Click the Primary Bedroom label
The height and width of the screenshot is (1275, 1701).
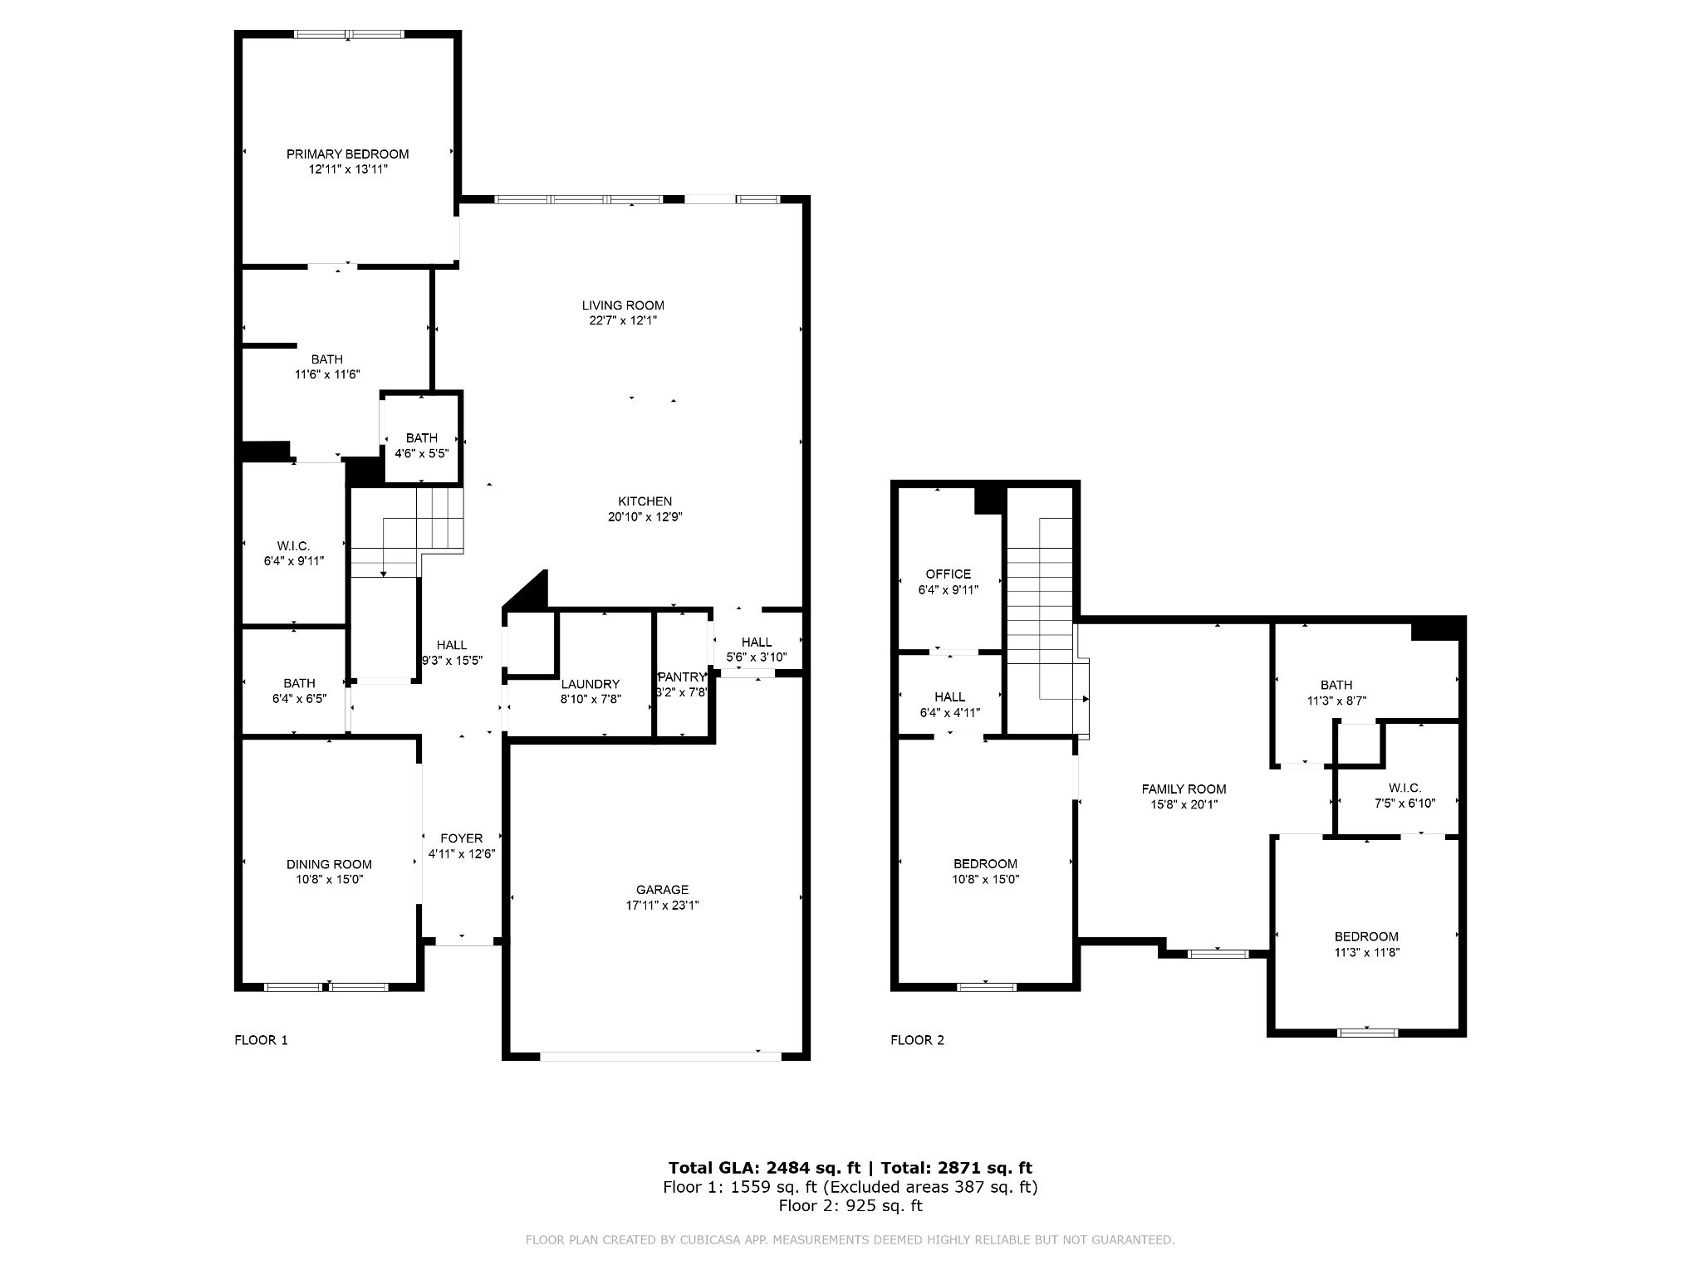point(347,154)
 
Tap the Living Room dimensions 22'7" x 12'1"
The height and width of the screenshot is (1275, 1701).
point(623,320)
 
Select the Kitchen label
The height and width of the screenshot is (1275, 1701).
point(645,501)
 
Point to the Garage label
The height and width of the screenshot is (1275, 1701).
point(662,890)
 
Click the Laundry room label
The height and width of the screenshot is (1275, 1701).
point(590,684)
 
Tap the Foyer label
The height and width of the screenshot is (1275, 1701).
point(461,838)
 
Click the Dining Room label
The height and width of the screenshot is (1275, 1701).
point(329,864)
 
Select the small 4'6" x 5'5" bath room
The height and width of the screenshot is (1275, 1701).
point(421,446)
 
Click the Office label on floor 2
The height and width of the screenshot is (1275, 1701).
point(948,574)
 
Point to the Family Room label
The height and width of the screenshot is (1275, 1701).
point(1184,789)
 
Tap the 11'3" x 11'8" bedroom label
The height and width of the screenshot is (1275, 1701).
point(1366,952)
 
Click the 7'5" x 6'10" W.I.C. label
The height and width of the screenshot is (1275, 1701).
point(1404,803)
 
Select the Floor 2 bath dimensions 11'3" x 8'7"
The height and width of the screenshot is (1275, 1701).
point(1336,701)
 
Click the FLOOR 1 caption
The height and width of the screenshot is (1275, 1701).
point(261,1040)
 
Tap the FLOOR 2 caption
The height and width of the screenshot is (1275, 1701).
point(917,1040)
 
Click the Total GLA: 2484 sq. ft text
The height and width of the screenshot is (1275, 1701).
point(764,1168)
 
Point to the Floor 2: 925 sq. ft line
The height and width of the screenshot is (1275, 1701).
point(850,1205)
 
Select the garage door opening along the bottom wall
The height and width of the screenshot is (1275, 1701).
point(660,1057)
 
